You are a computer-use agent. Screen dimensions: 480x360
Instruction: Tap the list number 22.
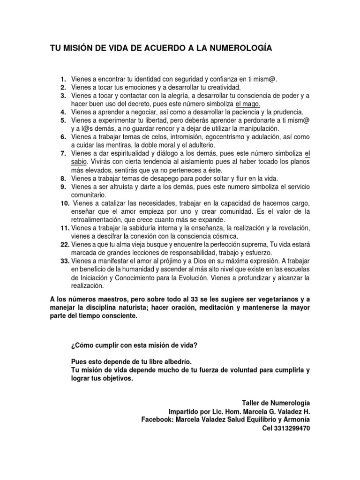pos(64,245)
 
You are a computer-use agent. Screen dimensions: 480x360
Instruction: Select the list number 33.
pos(64,261)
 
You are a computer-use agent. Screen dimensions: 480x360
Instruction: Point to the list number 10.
pos(64,203)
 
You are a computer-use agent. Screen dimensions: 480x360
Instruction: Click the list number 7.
pos(64,153)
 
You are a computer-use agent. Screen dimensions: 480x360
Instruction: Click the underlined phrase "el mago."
pos(248,104)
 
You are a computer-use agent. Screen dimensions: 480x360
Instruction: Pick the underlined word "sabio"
pos(79,162)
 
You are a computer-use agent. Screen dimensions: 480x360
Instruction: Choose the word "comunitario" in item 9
pos(89,195)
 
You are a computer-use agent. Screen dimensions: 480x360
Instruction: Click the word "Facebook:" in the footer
pos(157,420)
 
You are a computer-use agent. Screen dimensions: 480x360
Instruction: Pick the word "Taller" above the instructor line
pos(251,403)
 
